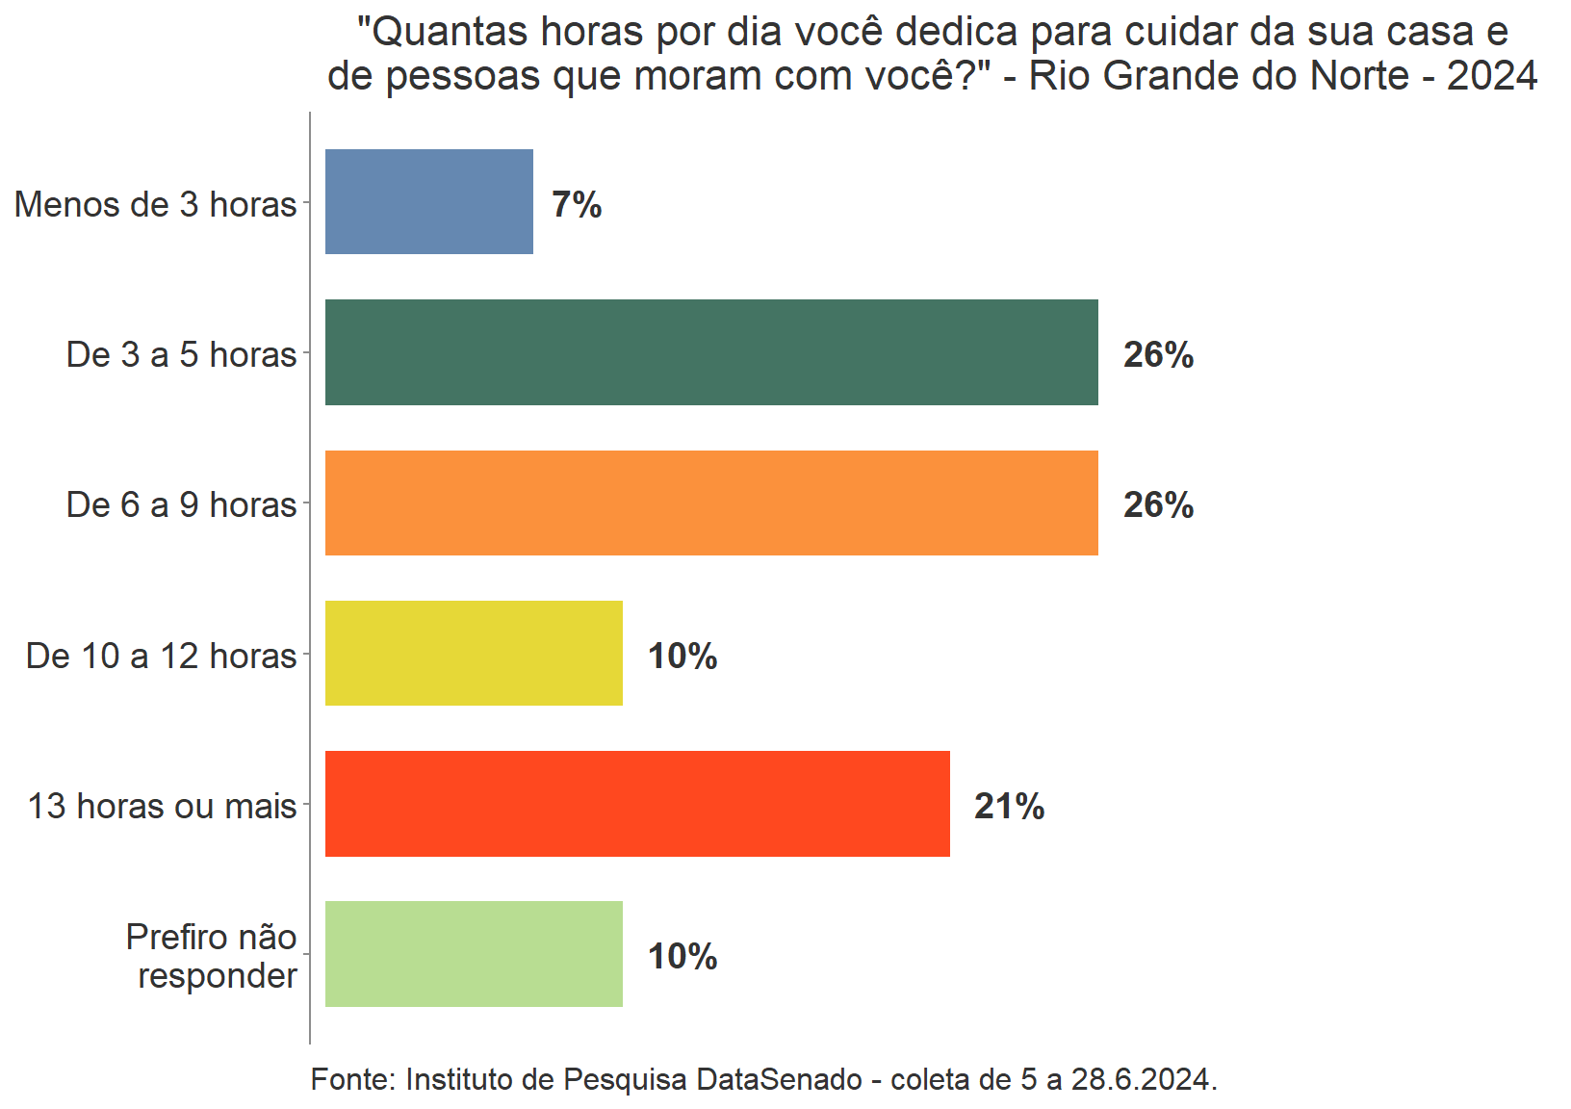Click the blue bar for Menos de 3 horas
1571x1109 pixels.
pos(428,202)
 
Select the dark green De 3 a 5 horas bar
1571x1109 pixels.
pos(711,352)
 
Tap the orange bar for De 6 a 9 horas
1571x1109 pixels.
pos(711,503)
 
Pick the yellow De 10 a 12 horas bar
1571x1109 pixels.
pos(474,654)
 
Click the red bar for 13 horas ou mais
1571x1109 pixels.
pos(637,804)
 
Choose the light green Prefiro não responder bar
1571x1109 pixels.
pos(474,954)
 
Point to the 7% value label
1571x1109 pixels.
pos(577,205)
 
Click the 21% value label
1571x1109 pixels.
pos(1009,807)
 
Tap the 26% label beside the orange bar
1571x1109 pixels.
pos(1158,505)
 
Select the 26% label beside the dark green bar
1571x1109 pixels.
pos(1158,355)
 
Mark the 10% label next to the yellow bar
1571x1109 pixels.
pos(682,657)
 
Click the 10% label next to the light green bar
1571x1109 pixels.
pos(682,957)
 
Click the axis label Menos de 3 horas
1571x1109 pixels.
pos(156,205)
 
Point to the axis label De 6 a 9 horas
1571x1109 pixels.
pos(181,505)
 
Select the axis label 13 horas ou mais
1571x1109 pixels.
pos(162,807)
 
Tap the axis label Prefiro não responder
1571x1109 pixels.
pos(212,956)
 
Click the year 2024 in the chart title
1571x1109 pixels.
pos(1491,76)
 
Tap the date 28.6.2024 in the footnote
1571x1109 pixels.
pos(1144,1080)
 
